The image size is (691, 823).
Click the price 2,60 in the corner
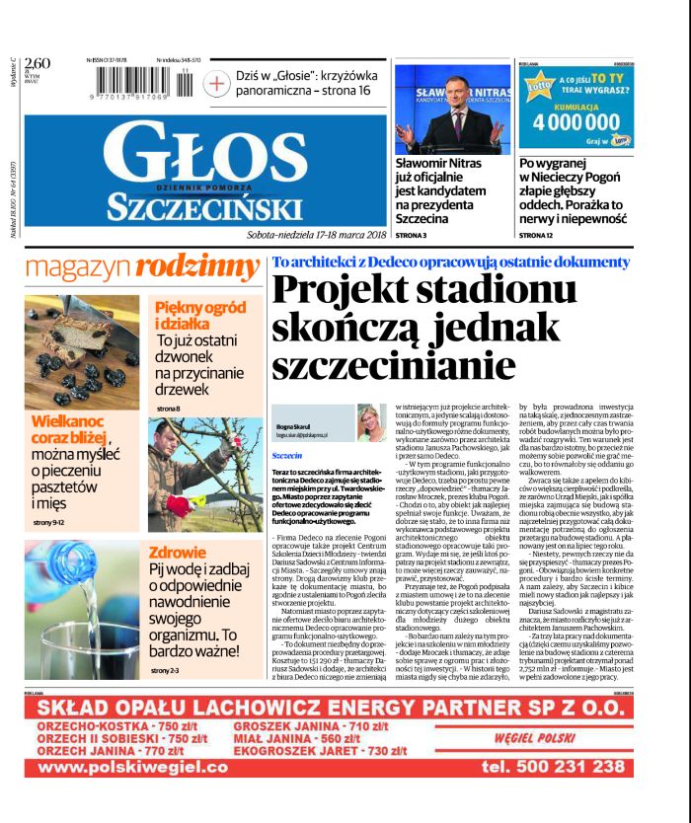pyautogui.click(x=37, y=64)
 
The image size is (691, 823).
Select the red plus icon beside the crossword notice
pyautogui.click(x=216, y=84)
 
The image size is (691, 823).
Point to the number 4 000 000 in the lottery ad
pyautogui.click(x=579, y=122)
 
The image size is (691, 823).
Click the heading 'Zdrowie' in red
pyautogui.click(x=177, y=553)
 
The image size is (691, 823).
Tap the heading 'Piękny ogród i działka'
pyautogui.click(x=193, y=316)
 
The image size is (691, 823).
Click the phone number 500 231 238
pyautogui.click(x=553, y=766)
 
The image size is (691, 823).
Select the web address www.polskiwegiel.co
pyautogui.click(x=132, y=767)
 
